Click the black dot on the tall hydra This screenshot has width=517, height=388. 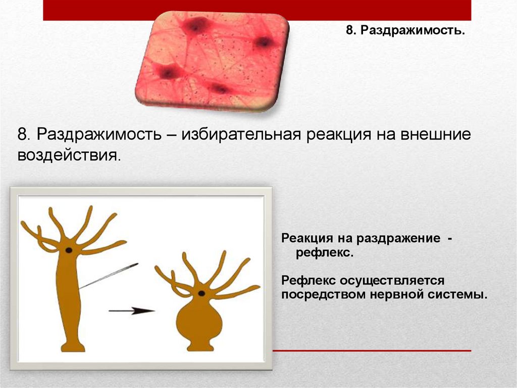click(69, 250)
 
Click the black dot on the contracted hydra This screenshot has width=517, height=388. click(201, 293)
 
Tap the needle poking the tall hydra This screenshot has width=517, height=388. click(109, 276)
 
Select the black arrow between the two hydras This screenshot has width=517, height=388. click(132, 311)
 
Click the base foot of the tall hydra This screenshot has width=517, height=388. click(73, 347)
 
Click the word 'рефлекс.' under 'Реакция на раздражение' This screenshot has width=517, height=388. click(325, 253)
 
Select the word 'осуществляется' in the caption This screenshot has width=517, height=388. click(392, 281)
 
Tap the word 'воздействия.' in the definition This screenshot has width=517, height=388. click(69, 155)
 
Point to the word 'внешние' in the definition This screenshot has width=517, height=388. click(435, 134)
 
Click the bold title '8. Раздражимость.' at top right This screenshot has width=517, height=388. click(405, 30)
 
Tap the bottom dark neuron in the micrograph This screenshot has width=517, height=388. click(218, 89)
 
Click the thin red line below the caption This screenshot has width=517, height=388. click(372, 351)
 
